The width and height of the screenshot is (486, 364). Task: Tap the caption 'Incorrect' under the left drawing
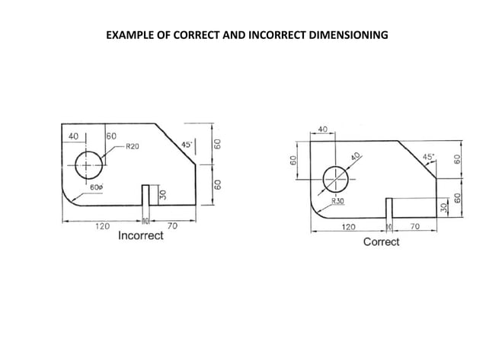[x=141, y=235]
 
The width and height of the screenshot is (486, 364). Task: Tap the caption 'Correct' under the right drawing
[x=381, y=241]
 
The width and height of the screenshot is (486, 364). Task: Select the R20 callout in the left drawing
[x=132, y=146]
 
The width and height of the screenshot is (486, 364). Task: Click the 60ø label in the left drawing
[x=97, y=187]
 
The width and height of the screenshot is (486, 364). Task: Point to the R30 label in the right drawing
[x=337, y=202]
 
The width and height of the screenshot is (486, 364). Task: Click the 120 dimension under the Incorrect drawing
[x=101, y=226]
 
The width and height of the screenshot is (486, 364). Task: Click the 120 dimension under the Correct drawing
[x=347, y=227]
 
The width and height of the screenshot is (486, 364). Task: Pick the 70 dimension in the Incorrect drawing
[x=172, y=226]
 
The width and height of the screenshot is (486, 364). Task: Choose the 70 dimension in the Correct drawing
[x=414, y=227]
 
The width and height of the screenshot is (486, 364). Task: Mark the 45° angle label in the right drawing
[x=429, y=157]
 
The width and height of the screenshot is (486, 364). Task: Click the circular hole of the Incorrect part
[x=88, y=164]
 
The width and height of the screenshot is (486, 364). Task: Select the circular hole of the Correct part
[x=335, y=180]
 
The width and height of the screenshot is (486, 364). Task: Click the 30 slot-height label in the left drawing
[x=162, y=196]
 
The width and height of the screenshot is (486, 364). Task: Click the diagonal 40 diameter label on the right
[x=355, y=157]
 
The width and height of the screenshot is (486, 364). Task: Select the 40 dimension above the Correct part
[x=322, y=130]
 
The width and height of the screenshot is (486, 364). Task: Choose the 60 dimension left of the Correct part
[x=293, y=161]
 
